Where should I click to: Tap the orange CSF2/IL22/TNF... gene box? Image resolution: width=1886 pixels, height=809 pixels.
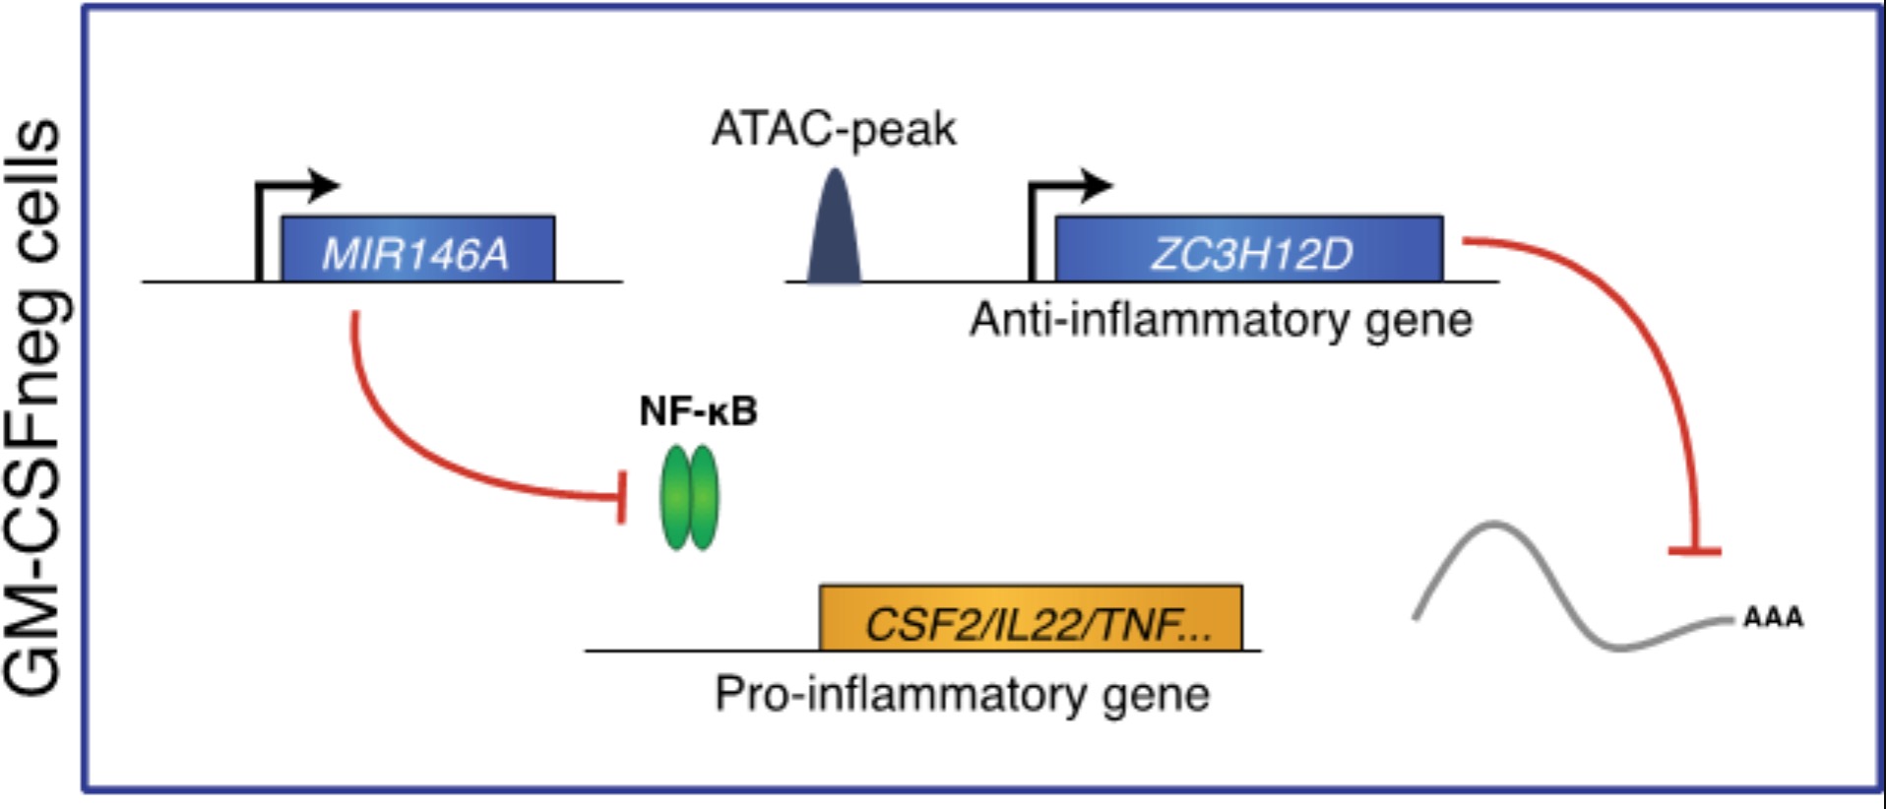point(1031,619)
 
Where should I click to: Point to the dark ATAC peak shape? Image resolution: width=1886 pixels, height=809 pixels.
point(834,232)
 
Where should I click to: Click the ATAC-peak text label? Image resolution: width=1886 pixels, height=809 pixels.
point(834,129)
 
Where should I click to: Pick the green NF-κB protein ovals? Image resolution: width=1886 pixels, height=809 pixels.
point(689,498)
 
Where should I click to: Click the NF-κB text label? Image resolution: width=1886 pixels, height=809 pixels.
point(698,411)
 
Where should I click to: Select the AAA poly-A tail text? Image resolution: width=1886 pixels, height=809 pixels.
point(1773,618)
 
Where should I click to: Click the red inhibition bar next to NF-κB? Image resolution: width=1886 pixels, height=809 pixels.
point(621,497)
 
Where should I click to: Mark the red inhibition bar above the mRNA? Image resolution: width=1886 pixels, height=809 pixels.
point(1695,551)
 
